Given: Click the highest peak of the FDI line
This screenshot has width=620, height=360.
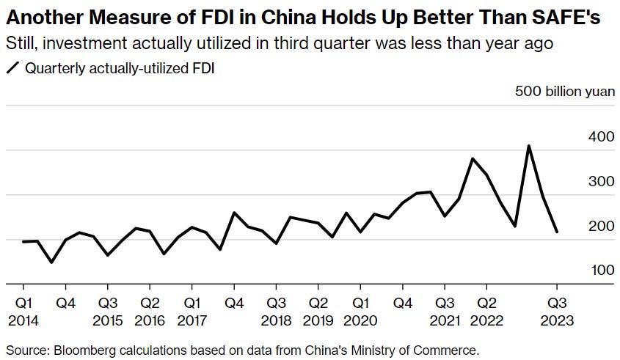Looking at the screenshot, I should tap(529, 146).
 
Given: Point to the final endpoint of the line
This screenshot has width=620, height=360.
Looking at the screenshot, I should tap(557, 232).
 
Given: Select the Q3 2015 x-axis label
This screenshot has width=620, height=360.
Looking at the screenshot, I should tap(107, 311).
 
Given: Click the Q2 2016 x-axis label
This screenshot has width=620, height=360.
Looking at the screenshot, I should tap(150, 311).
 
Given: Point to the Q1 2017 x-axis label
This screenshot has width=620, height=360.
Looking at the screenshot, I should tap(192, 311).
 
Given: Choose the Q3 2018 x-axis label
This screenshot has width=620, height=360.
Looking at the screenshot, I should tap(276, 311).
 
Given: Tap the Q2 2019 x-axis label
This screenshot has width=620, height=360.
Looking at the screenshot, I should tap(318, 311).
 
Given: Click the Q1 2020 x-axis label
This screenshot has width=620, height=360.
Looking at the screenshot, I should tap(360, 311).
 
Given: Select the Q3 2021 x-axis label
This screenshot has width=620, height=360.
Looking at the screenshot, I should tap(445, 311).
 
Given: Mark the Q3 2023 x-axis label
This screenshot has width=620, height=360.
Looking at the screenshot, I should tap(558, 311).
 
